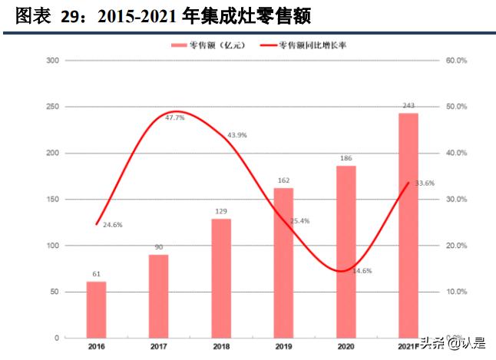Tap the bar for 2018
[221, 278]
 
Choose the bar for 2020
[346, 252]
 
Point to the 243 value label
[408, 106]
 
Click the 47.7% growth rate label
[175, 117]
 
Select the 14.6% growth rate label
[362, 271]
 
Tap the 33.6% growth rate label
[425, 183]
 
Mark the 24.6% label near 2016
[112, 224]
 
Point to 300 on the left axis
[53, 60]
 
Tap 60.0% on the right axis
[456, 60]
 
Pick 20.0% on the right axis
[456, 246]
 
